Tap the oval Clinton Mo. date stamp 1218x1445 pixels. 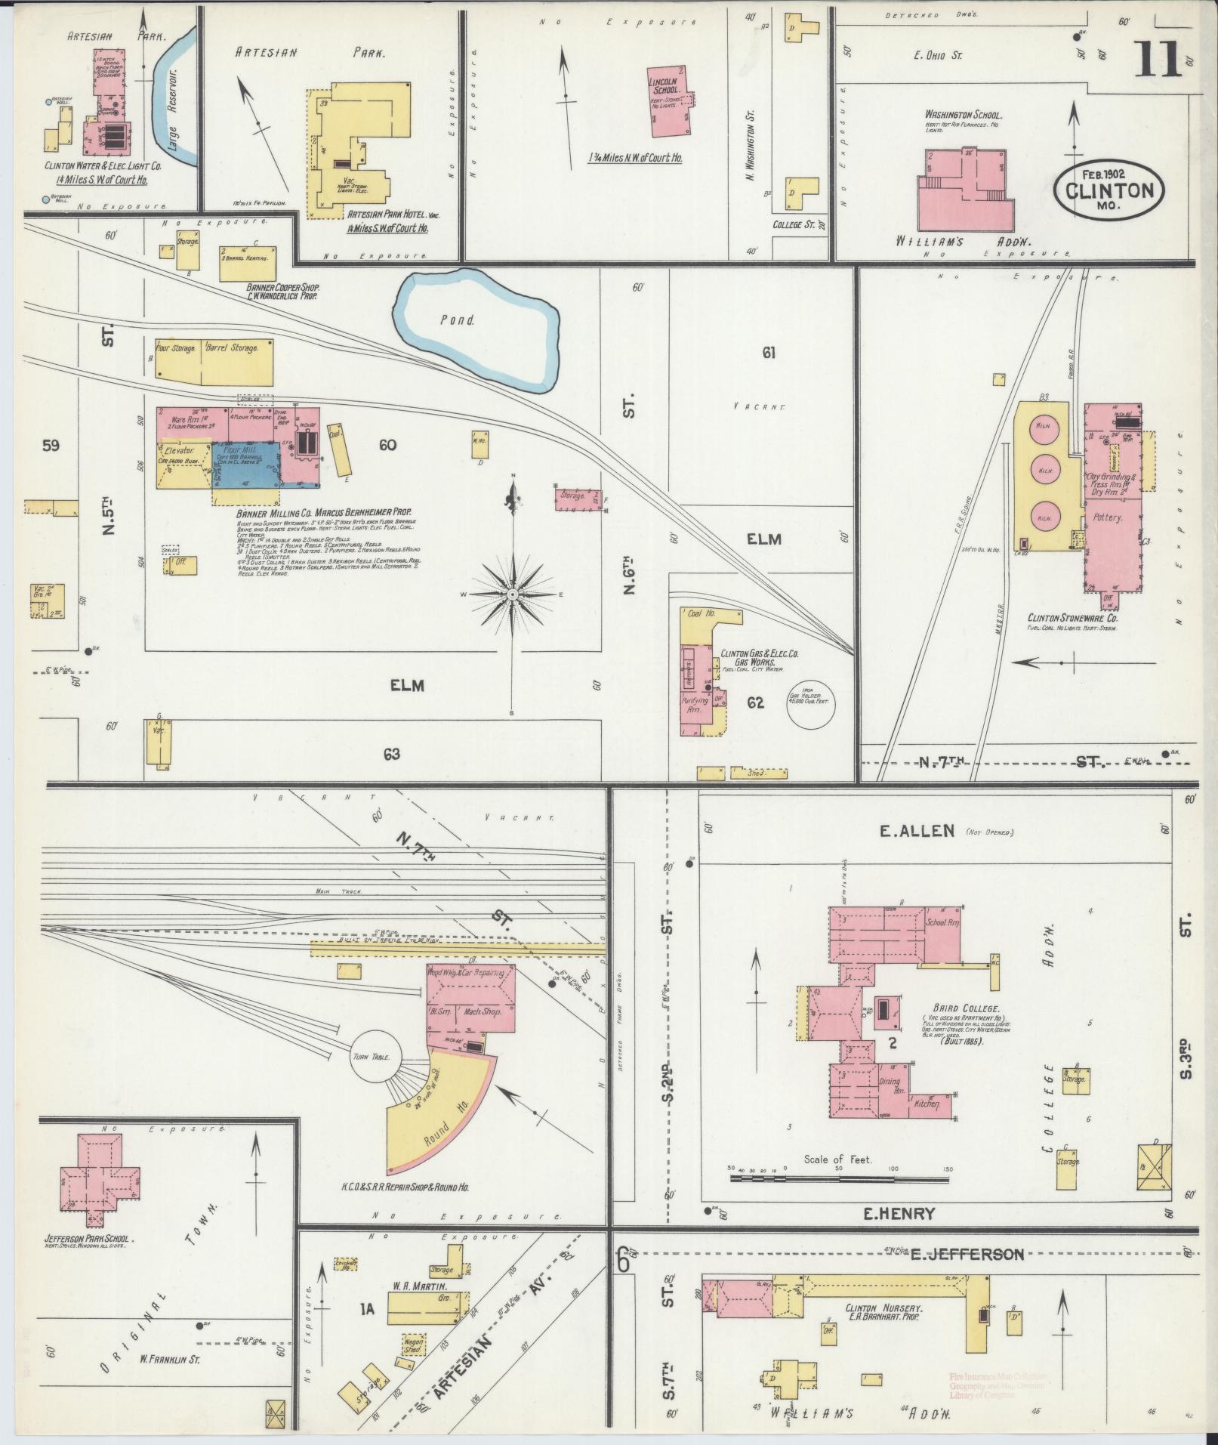coord(1109,190)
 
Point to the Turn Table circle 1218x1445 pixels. coord(378,1057)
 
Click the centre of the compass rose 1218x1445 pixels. coord(513,594)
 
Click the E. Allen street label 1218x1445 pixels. coord(917,831)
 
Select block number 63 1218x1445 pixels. coord(391,754)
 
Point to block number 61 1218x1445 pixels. coord(769,352)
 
